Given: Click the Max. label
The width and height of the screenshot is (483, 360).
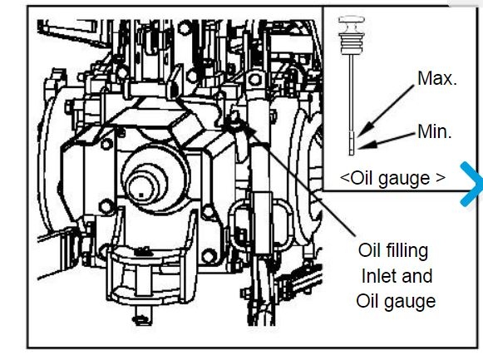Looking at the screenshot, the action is coord(436,78).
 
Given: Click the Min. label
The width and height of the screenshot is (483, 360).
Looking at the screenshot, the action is coord(435,131).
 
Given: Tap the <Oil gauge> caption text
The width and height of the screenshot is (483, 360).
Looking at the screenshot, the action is coord(392,178).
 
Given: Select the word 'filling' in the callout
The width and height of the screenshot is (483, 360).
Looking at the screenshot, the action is coord(407,251).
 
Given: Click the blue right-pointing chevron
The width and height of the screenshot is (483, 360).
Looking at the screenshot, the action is coord(471,184).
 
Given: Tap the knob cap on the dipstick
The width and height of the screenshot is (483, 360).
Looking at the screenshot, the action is coord(351,22).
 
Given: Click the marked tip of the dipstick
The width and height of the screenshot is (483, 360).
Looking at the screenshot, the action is coord(352,143).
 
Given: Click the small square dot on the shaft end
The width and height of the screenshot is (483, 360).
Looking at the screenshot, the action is coord(141,195).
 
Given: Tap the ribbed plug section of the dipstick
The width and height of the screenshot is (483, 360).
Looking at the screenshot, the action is coord(351,42).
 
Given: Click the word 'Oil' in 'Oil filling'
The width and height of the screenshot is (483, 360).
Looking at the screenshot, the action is coord(369,250).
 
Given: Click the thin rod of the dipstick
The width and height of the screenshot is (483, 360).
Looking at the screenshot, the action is coord(352,92).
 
